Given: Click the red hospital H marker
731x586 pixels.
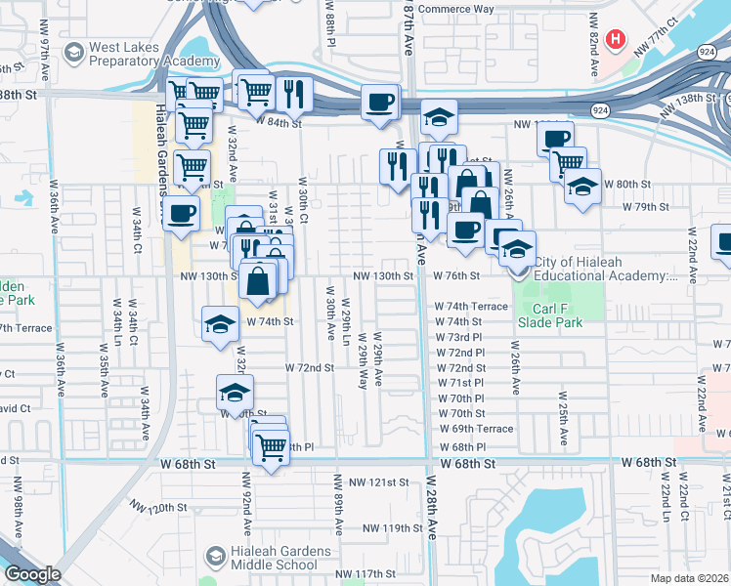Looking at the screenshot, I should tap(616, 40).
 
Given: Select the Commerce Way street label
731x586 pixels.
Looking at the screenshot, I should tap(456, 10).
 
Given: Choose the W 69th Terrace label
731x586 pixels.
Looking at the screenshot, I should tap(476, 429).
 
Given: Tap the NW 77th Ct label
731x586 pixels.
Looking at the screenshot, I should tap(654, 32).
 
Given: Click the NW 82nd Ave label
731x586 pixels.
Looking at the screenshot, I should tap(593, 45).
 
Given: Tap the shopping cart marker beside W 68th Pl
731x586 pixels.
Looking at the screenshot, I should tap(271, 447).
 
